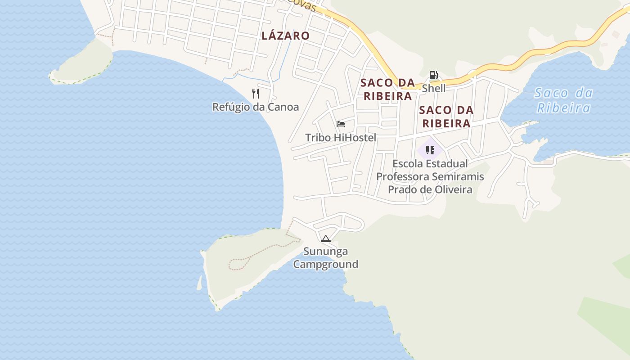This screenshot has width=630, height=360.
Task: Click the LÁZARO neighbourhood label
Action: tap(286, 36)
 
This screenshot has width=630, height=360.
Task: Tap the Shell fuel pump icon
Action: tap(433, 75)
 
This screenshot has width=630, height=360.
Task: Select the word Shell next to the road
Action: tap(434, 88)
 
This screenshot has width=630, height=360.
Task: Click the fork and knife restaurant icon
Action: tap(256, 94)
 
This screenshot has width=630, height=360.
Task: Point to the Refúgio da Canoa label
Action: tap(256, 107)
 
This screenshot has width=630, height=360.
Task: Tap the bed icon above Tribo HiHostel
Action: tap(341, 124)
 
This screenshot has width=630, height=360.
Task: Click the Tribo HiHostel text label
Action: tap(341, 138)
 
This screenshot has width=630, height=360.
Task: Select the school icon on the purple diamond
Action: tap(430, 150)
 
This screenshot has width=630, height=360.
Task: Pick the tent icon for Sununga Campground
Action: tap(326, 238)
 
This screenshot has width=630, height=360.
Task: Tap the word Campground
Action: tap(326, 264)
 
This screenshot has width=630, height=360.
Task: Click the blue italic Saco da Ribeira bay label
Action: tap(564, 100)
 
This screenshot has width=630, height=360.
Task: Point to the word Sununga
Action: tap(326, 251)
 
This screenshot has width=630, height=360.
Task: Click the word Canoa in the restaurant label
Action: tap(283, 107)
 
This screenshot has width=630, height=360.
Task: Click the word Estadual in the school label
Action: tap(447, 163)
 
